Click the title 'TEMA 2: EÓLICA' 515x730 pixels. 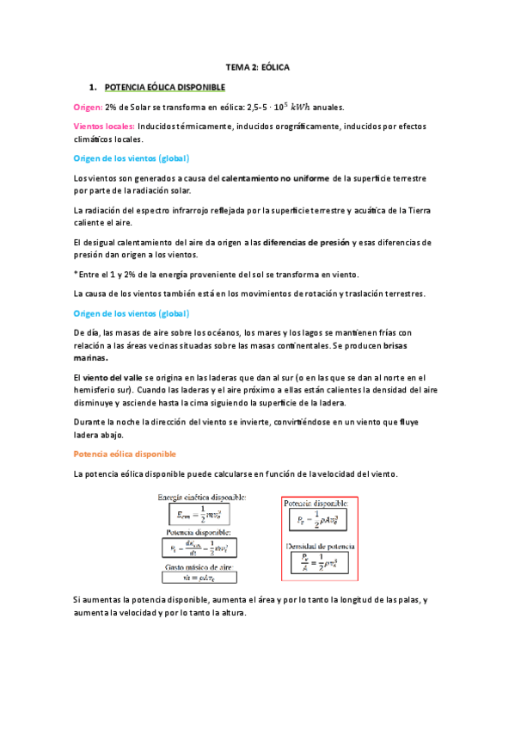pos(257,65)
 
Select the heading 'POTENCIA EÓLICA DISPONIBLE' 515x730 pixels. pos(164,87)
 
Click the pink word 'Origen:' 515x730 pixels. pos(89,107)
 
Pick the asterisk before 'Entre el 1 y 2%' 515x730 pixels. pos(77,274)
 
